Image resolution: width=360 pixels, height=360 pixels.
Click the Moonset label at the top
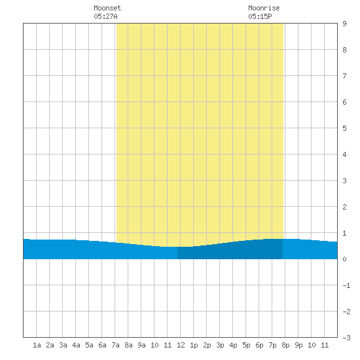pos(107,8)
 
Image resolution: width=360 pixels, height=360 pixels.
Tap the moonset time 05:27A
pos(105,16)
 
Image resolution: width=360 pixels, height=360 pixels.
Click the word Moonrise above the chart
pos(264,8)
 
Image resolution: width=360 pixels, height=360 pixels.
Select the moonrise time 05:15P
pos(260,16)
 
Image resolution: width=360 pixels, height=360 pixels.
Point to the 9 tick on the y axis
pos(344,24)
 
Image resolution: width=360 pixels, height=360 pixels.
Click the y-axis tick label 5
pos(344,128)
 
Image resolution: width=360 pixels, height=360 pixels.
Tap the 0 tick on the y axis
pos(344,259)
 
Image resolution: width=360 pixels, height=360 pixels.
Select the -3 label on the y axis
pos(346,338)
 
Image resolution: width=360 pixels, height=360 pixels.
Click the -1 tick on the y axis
pos(346,285)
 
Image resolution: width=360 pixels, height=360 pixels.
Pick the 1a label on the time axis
pos(37,345)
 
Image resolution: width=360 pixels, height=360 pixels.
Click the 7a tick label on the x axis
pos(115,345)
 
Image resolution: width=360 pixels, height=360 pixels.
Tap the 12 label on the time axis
pos(181,345)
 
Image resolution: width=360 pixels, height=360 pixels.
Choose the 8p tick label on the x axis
pos(285,345)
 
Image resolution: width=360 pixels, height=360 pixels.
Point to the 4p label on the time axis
pos(233,345)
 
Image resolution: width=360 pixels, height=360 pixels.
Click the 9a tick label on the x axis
pos(141,345)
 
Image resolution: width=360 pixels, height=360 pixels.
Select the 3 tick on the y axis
pos(344,181)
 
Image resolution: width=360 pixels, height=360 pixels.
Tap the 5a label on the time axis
pos(89,345)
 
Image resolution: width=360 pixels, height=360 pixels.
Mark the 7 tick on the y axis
pos(344,76)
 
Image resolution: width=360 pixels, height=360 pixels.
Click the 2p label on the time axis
pos(207,345)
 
